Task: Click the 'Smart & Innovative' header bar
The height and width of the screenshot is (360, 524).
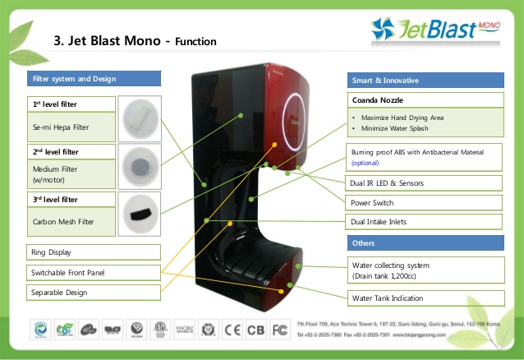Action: pyautogui.click(x=426, y=81)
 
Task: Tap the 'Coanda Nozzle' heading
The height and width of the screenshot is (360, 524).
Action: pyautogui.click(x=375, y=100)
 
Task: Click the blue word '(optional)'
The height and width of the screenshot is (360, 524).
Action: pyautogui.click(x=365, y=163)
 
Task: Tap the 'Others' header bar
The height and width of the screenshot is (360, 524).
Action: pyautogui.click(x=426, y=243)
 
